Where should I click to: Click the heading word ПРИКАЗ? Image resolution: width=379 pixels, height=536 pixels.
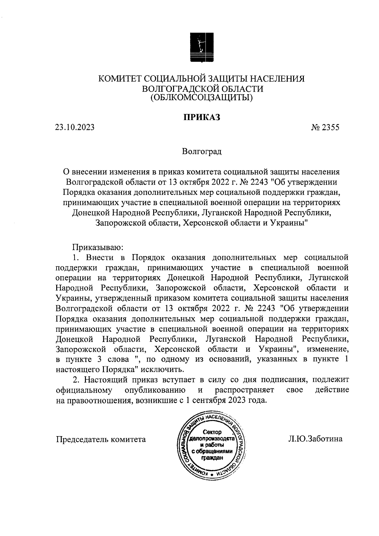point(202,117)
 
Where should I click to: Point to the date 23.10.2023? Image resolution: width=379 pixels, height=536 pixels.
point(75,127)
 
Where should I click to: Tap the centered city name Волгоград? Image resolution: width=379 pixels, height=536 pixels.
point(202,151)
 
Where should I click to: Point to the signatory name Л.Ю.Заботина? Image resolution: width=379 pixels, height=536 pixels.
point(315,439)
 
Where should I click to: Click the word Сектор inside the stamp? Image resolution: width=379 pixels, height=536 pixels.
point(212,432)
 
